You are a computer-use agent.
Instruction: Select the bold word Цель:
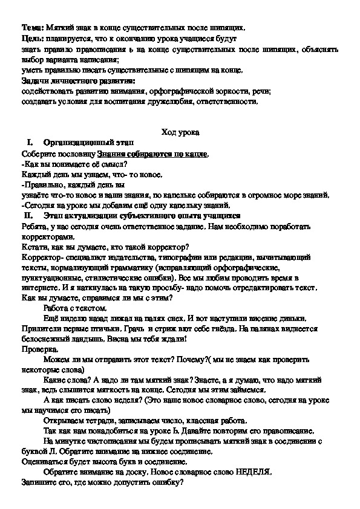(30, 38)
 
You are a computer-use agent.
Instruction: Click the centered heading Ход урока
(180, 132)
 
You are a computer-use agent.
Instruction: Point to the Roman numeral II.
(27, 215)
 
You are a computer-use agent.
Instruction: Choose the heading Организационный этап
(80, 143)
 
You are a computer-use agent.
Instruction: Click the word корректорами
(42, 238)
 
